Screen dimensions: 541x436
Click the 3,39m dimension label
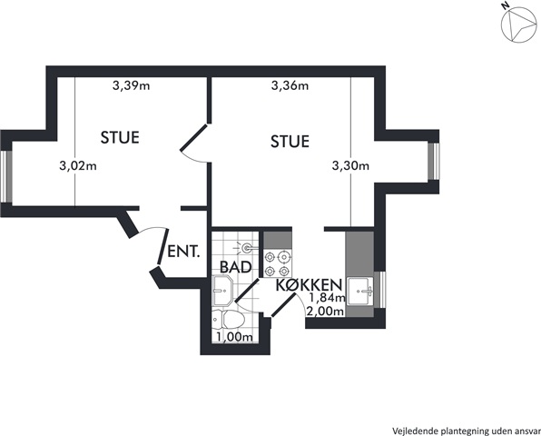[x=131, y=85]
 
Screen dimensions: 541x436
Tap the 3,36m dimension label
[x=290, y=85]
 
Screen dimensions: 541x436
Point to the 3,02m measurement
[x=78, y=166]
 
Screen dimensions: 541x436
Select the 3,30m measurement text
[x=350, y=166]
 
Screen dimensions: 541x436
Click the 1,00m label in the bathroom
[x=234, y=337]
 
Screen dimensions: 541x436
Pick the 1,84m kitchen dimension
[x=327, y=296]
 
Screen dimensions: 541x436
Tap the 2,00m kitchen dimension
[x=325, y=312]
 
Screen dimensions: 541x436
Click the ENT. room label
[x=183, y=252]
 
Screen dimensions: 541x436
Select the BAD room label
[x=235, y=267]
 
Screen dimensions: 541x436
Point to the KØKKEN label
[x=310, y=285]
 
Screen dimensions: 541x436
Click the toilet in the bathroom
[x=228, y=320]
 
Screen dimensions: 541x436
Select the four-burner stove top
[x=278, y=263]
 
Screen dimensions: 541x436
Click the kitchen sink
[x=360, y=291]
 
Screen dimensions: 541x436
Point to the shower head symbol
[x=245, y=248]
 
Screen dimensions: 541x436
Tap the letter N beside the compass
[x=506, y=5]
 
